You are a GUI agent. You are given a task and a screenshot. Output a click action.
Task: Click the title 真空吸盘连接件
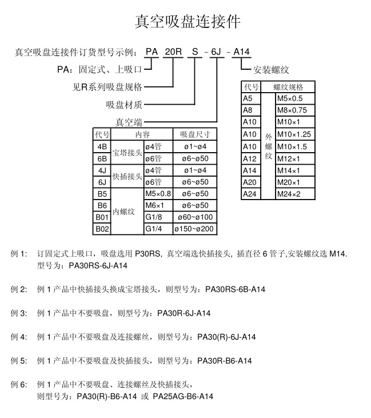188,21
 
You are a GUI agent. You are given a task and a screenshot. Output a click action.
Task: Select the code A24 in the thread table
250,194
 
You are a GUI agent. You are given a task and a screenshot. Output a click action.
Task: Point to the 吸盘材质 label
124,105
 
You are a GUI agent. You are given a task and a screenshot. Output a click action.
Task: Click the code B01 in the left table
102,217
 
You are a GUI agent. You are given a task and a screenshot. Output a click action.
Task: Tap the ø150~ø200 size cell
196,229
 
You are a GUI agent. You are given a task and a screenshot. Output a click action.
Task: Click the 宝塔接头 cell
126,153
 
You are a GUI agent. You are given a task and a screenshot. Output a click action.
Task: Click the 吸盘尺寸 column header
195,135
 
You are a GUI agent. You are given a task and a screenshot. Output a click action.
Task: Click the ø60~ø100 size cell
196,217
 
